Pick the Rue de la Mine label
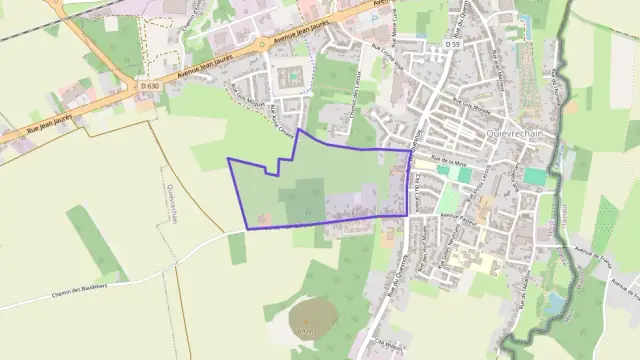point(451,162)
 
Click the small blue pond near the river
point(555,301)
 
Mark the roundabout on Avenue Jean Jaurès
point(263,45)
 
